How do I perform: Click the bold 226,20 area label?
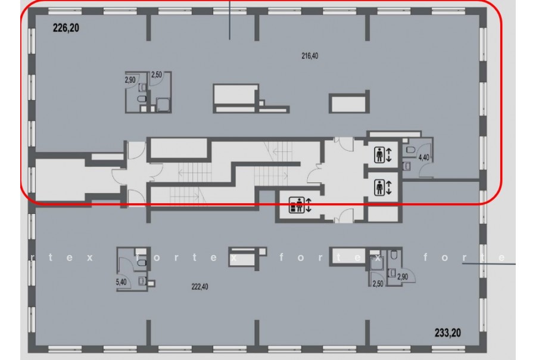[x=66, y=28]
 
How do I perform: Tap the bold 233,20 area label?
[x=447, y=333]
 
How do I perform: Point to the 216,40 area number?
[x=310, y=56]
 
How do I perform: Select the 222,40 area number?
[x=200, y=287]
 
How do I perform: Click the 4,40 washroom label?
[x=424, y=158]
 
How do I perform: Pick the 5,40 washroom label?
[x=121, y=283]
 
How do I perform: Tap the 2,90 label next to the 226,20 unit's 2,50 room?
[x=130, y=80]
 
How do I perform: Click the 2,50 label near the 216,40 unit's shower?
[x=156, y=75]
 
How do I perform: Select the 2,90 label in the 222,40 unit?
[x=403, y=277]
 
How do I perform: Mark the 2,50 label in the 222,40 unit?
[x=378, y=284]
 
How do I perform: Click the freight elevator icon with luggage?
[x=297, y=205]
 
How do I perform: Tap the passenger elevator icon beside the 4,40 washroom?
[x=379, y=155]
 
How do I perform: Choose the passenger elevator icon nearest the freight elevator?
[x=379, y=188]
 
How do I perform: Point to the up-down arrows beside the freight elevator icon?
[x=308, y=205]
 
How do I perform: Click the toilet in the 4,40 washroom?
[x=410, y=150]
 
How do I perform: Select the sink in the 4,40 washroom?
[x=407, y=166]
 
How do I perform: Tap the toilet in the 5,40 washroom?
[x=142, y=263]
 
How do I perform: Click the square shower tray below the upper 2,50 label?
[x=163, y=105]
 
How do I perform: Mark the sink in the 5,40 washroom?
[x=142, y=281]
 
